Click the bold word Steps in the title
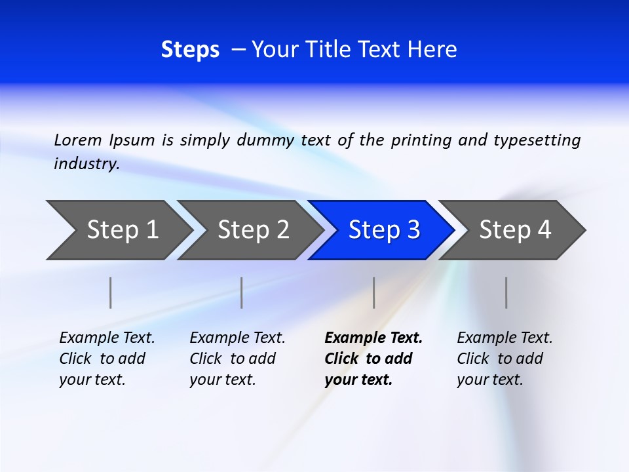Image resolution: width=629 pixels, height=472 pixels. point(190,50)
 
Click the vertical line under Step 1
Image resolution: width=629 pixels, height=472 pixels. point(111,292)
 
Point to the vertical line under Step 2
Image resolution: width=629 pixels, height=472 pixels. point(242,292)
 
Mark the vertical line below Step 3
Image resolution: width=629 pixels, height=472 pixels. point(374,292)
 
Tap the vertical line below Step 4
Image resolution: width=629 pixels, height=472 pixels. point(506,292)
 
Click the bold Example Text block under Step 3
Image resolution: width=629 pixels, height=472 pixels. point(373,359)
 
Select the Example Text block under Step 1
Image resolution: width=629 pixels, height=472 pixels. point(107,359)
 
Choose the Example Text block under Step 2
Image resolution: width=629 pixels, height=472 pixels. point(237,359)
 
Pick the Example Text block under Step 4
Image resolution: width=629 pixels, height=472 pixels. point(505,359)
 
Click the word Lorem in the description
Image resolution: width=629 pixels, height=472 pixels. point(78,140)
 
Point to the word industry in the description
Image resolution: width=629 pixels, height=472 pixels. point(86,164)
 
